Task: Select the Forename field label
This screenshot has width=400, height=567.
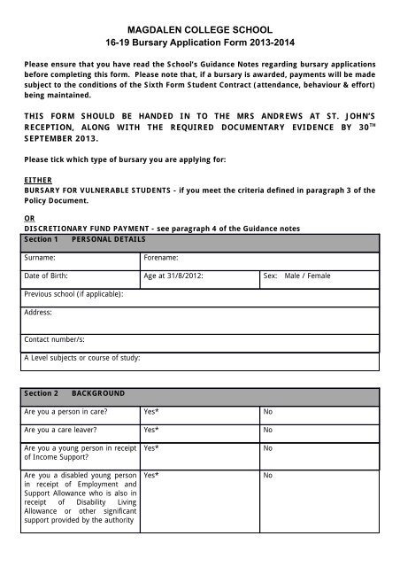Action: point(161,257)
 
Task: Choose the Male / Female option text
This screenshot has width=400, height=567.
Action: point(307,276)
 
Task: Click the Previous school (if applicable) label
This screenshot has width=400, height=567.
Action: point(73,294)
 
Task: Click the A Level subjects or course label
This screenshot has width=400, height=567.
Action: point(82,358)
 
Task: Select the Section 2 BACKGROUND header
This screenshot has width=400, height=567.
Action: point(74,392)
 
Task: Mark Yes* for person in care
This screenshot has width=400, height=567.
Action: point(151,412)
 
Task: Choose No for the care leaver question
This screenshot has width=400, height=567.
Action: point(268,431)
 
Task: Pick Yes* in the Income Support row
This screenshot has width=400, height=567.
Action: point(151,449)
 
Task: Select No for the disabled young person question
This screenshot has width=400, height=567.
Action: point(268,476)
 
